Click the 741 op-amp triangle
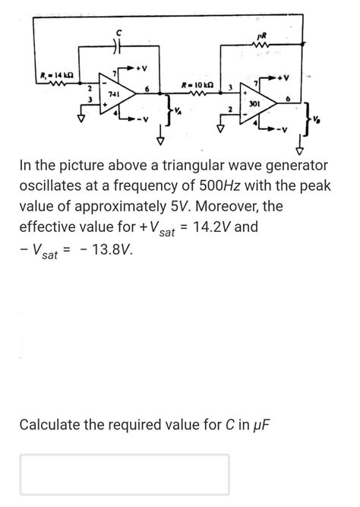(x=118, y=97)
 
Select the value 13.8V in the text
(x=106, y=252)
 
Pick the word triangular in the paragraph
(x=186, y=165)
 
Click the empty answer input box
(x=125, y=474)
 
